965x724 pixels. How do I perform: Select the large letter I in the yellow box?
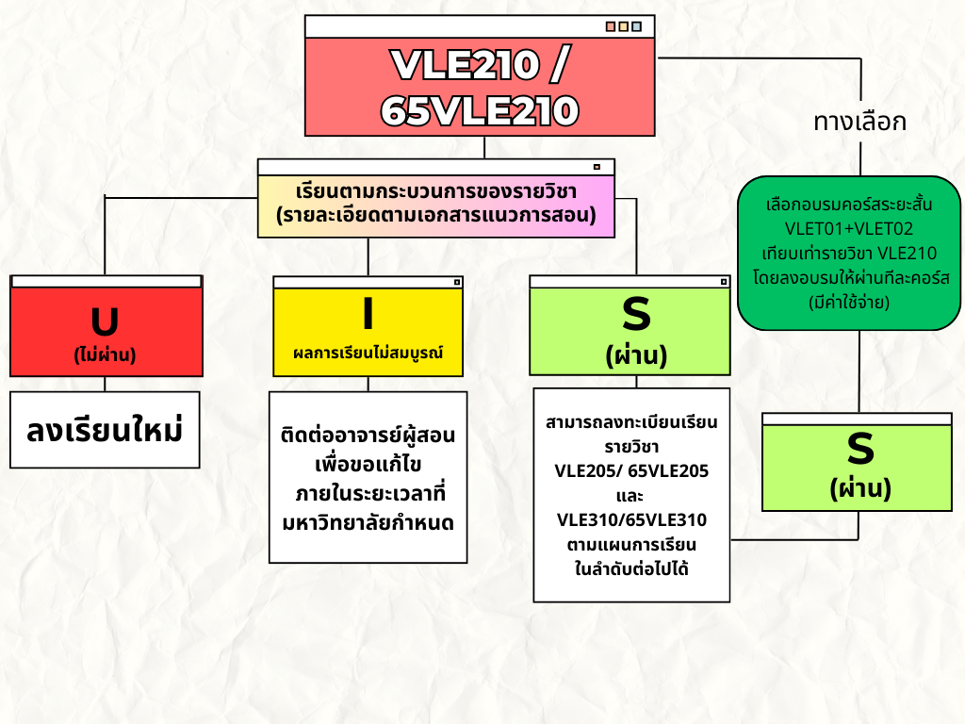[x=368, y=313]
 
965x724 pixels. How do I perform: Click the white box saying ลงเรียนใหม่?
[x=105, y=430]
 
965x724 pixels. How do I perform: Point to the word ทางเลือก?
[x=859, y=122]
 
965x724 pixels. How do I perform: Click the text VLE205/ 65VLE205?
[x=631, y=470]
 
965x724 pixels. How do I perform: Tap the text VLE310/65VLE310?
[x=631, y=520]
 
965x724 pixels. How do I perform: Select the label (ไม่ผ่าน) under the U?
[x=106, y=355]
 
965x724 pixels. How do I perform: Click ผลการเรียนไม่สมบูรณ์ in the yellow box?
[x=368, y=353]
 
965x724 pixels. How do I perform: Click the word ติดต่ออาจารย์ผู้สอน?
[x=368, y=436]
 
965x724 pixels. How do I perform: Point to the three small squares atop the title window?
[x=623, y=26]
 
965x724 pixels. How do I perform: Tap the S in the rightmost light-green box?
[x=860, y=450]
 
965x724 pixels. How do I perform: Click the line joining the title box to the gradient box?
[x=483, y=147]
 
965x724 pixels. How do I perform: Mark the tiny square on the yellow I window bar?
[x=456, y=282]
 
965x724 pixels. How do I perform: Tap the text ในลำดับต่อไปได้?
[x=631, y=569]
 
